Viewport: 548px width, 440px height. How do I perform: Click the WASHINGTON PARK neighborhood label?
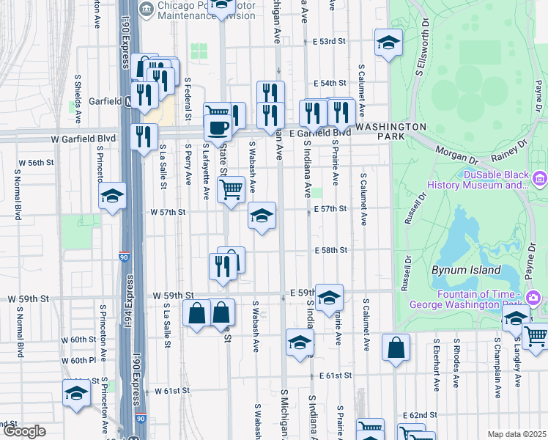coord(391,131)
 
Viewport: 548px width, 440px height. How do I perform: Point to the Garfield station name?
coord(105,101)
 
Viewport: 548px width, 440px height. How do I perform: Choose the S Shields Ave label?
coord(77,95)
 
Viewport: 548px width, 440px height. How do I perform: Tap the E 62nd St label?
coord(419,414)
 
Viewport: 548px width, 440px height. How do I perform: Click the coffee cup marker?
coord(217,129)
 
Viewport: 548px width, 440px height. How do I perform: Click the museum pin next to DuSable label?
coord(540,178)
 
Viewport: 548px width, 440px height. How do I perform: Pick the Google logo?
coord(24,431)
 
